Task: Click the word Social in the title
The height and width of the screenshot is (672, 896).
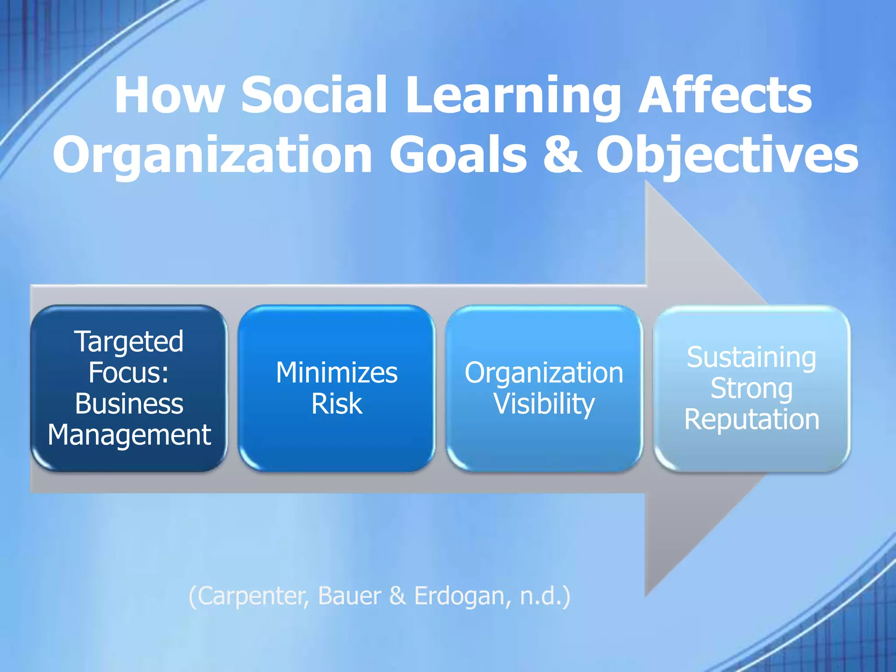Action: point(314,95)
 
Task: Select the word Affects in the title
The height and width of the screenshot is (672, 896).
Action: point(725,95)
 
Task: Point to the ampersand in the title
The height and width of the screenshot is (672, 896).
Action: point(563,154)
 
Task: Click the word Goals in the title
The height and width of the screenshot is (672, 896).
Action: point(458,154)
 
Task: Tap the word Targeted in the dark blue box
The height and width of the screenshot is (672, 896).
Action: point(129,342)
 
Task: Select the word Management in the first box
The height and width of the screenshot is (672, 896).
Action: point(129,435)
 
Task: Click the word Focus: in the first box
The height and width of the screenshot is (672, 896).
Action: point(129,372)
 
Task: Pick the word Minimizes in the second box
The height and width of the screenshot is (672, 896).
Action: point(336,373)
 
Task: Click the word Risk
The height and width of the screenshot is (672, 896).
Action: point(336,403)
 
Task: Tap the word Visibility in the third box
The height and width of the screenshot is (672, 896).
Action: point(544,403)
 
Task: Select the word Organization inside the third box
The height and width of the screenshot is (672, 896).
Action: point(544,373)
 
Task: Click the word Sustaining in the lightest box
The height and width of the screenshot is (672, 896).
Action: point(751,357)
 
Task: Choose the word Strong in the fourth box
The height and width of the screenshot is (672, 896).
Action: point(751,388)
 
